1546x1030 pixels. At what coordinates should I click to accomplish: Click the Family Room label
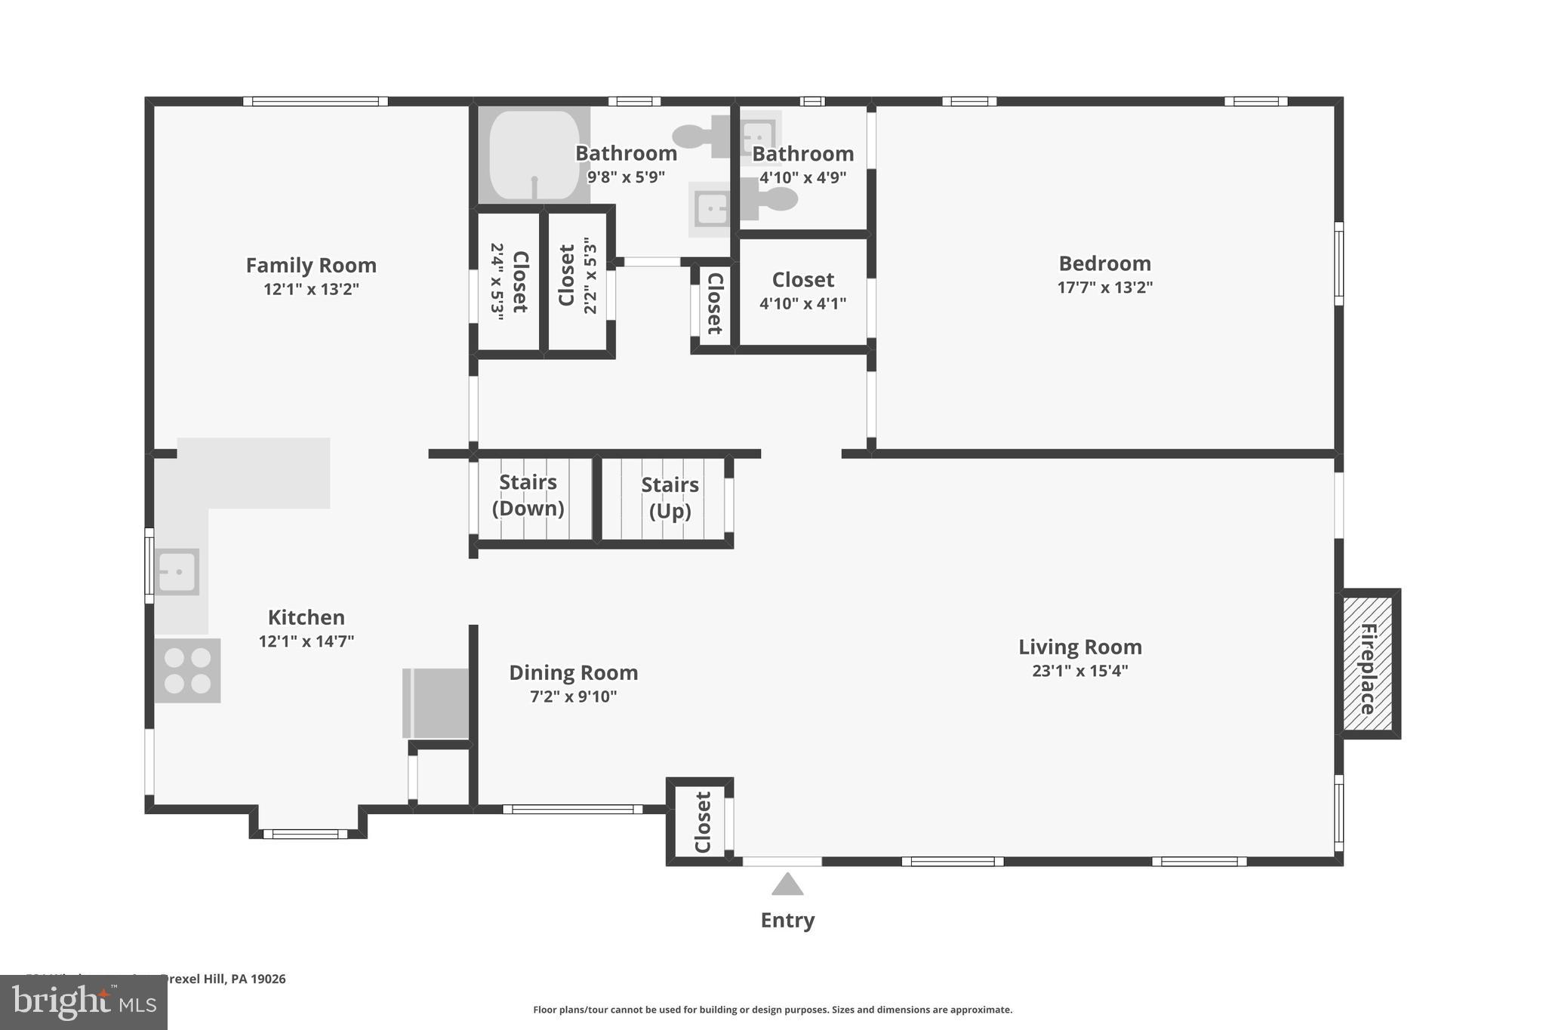point(310,266)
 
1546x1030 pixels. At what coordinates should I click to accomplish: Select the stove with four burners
point(188,670)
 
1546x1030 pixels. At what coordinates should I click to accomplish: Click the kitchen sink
point(178,572)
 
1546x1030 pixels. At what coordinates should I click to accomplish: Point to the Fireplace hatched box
point(1367,664)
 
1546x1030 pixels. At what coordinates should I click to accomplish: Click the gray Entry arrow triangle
point(787,885)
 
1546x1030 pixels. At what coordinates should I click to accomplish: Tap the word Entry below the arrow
point(787,921)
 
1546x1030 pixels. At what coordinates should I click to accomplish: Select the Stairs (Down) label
point(528,495)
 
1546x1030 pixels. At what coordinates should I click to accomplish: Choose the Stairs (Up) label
point(670,497)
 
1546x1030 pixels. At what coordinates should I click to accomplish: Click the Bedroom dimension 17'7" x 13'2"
point(1104,287)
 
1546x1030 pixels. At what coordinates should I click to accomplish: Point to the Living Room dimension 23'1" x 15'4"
point(1079,671)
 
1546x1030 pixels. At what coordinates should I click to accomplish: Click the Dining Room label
point(573,672)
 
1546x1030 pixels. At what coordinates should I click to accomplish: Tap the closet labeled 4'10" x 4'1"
point(802,291)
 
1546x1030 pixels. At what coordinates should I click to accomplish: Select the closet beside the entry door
point(701,822)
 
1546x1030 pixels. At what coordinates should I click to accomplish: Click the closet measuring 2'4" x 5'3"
point(509,281)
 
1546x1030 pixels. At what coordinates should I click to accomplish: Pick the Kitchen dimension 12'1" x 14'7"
point(306,641)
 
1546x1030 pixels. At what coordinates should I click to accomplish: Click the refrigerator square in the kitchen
point(436,703)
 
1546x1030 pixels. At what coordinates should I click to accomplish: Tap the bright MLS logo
point(83,1002)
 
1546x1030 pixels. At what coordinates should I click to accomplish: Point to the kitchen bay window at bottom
point(306,833)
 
